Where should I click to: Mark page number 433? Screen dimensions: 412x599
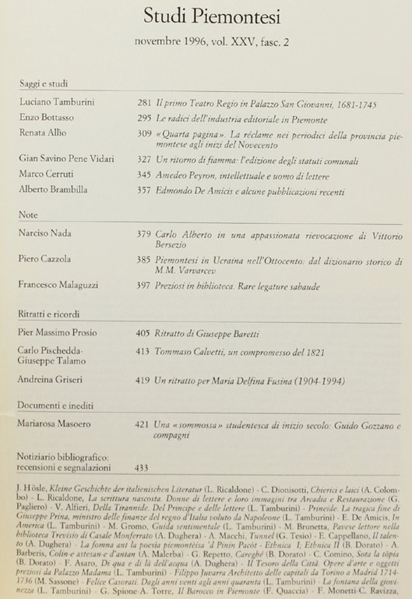tap(143, 467)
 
